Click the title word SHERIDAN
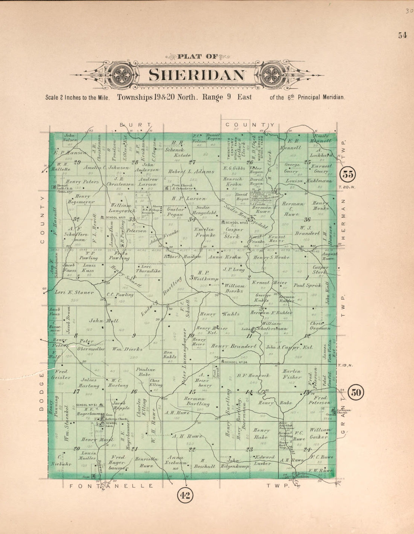pyautogui.click(x=197, y=75)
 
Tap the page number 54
pyautogui.click(x=402, y=35)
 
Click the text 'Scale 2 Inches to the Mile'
pyautogui.click(x=77, y=97)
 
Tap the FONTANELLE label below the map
pyautogui.click(x=111, y=486)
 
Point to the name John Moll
pyautogui.click(x=103, y=321)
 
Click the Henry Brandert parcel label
pyautogui.click(x=234, y=346)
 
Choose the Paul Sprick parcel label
pyautogui.click(x=308, y=285)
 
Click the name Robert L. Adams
pyautogui.click(x=191, y=171)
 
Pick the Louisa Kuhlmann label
pyautogui.click(x=309, y=181)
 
